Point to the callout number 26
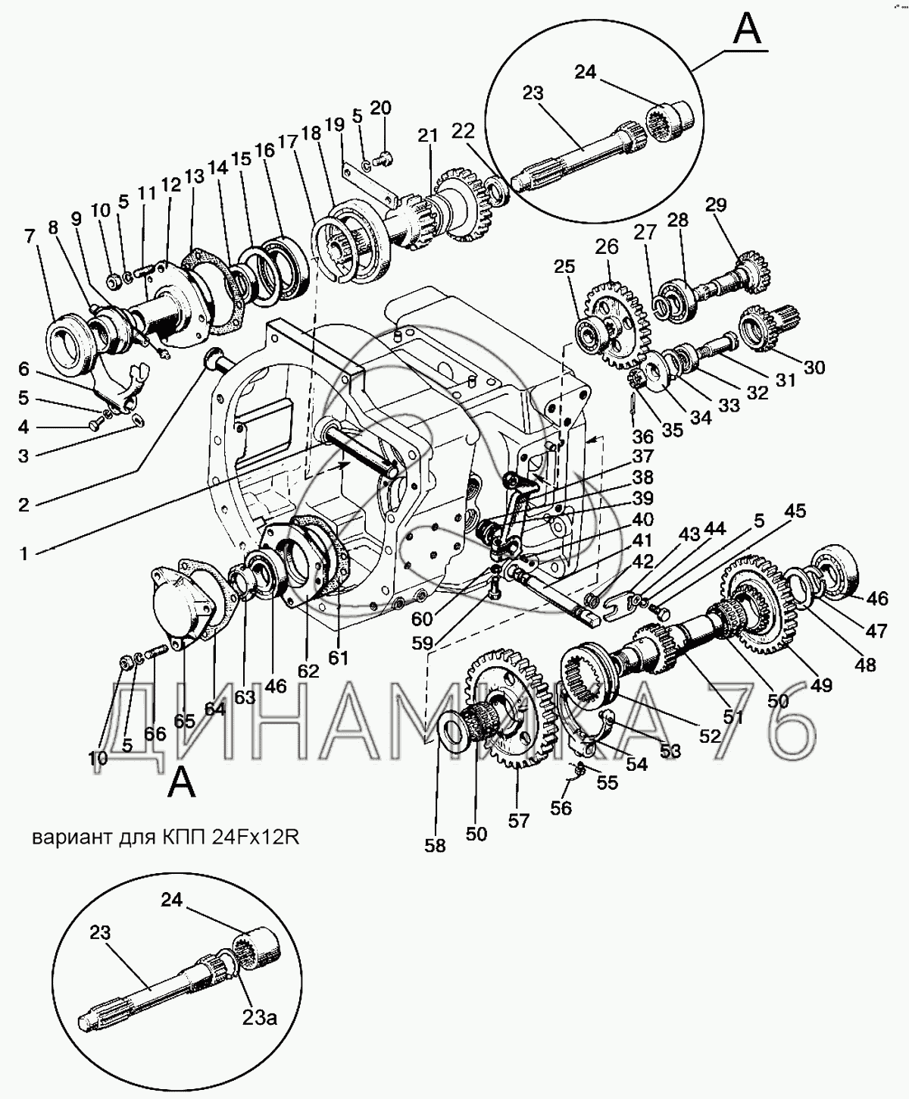(607, 247)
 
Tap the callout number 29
(715, 205)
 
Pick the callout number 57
(518, 821)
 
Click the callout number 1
(24, 554)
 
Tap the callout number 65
(185, 721)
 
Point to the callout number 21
(428, 136)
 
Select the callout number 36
(642, 437)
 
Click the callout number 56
(561, 808)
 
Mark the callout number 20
(380, 108)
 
